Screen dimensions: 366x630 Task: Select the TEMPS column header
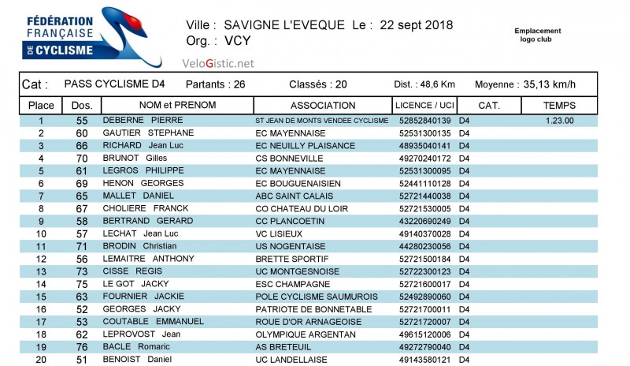(559, 105)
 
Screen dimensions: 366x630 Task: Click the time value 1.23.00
(559, 121)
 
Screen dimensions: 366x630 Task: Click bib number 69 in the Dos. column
(82, 183)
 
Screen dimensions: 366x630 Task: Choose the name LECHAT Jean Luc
(139, 233)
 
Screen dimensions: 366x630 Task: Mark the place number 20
(41, 360)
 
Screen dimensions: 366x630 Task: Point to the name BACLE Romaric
(138, 347)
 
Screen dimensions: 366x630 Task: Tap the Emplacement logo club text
(538, 35)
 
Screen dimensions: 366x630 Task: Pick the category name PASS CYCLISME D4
(115, 84)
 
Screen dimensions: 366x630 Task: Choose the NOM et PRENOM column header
(177, 105)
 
